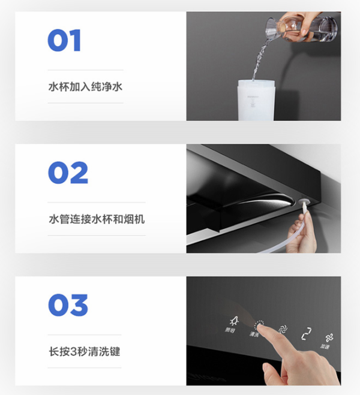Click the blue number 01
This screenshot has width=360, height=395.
pyautogui.click(x=64, y=41)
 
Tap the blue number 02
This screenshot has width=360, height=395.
pyautogui.click(x=68, y=173)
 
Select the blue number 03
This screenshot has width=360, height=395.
pyautogui.click(x=68, y=305)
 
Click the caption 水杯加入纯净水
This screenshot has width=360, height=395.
pyautogui.click(x=85, y=86)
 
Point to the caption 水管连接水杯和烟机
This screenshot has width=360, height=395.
pyautogui.click(x=96, y=219)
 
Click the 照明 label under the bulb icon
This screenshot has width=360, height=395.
pyautogui.click(x=231, y=331)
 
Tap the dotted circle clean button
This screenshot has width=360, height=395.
pyautogui.click(x=259, y=326)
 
